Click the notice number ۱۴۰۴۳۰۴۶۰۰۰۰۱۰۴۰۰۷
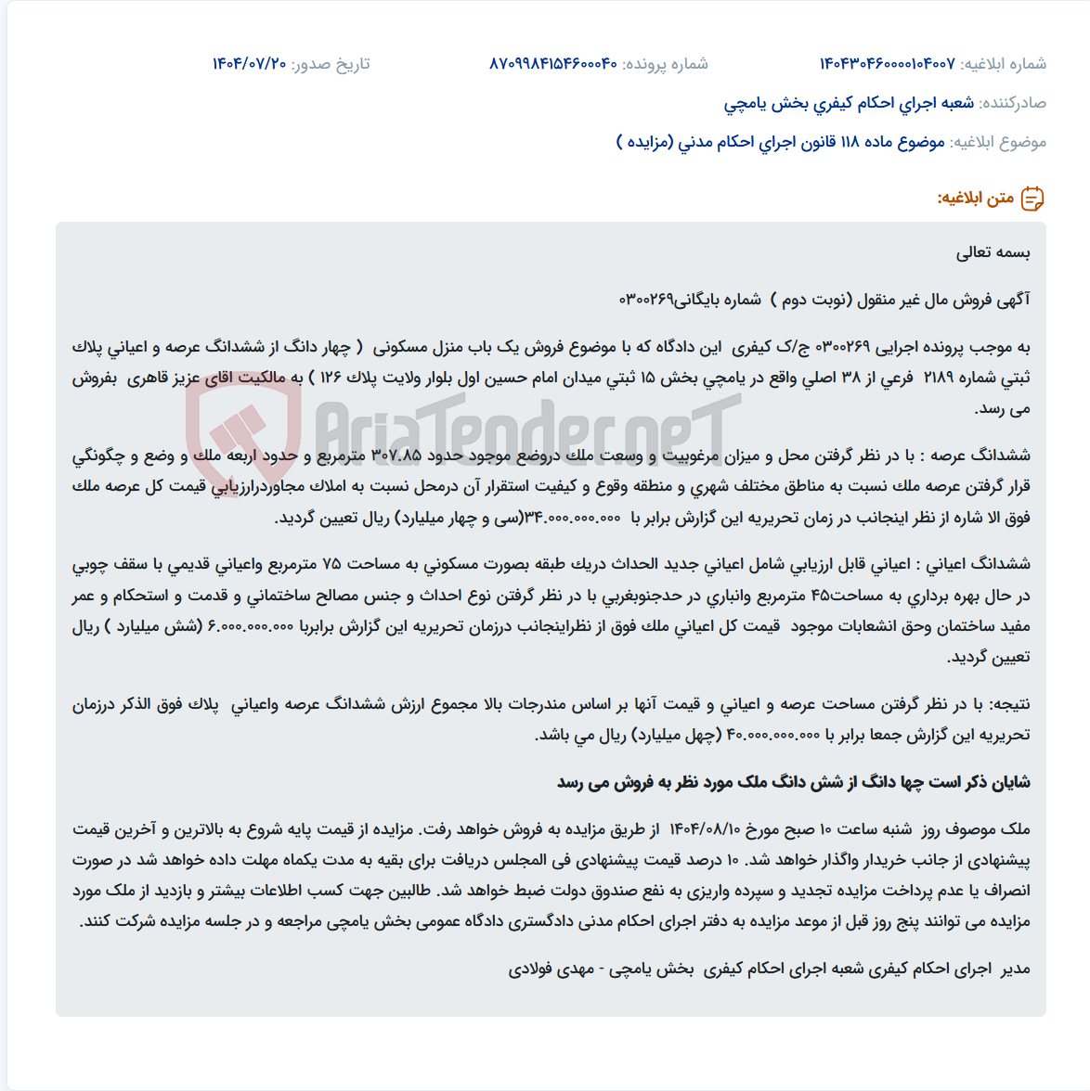(x=887, y=64)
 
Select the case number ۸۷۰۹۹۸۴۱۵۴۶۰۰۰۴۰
(x=553, y=64)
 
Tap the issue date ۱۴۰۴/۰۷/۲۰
(x=249, y=64)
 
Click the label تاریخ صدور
(x=331, y=64)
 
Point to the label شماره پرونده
(x=665, y=64)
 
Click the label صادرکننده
(x=1013, y=103)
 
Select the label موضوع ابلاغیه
(x=999, y=142)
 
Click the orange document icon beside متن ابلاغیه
(x=1032, y=199)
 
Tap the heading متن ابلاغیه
(x=975, y=199)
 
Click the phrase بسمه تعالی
(x=993, y=252)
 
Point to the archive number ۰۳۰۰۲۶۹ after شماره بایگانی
(x=646, y=300)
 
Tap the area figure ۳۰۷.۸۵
(x=396, y=456)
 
